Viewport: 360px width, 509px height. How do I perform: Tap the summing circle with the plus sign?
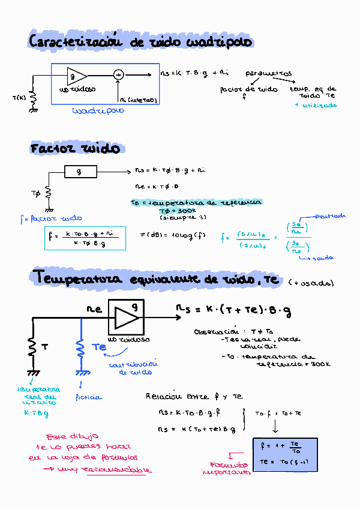118,75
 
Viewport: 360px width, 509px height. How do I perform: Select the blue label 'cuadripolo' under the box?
98,110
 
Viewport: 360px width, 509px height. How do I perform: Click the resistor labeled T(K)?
34,97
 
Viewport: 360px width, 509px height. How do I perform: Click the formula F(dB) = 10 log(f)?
172,234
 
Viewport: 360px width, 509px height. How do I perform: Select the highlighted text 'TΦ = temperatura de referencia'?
196,203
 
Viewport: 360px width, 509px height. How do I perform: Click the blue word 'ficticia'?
89,397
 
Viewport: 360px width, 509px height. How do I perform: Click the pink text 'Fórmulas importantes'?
226,468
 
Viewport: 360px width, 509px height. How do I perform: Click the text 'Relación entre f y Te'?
194,396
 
